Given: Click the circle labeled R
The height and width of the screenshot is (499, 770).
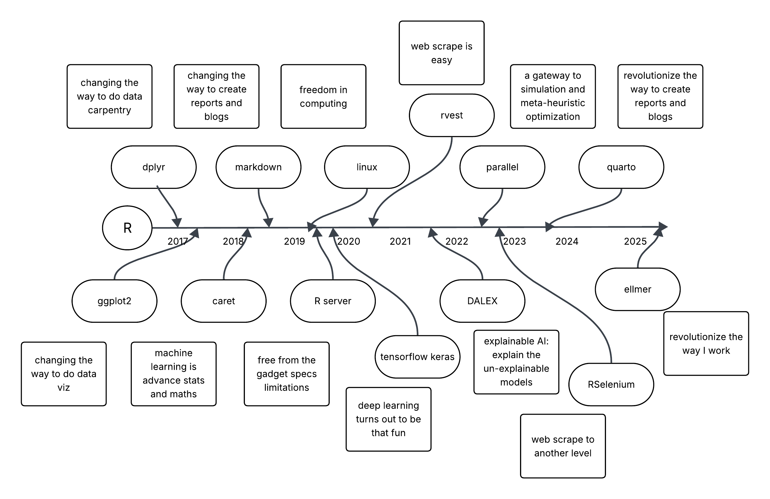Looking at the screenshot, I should tap(127, 228).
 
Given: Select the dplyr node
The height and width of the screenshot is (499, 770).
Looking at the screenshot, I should tap(154, 167).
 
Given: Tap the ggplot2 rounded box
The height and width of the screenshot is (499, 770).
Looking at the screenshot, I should tap(114, 301).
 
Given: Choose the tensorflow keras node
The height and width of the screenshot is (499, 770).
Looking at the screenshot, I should tap(417, 357).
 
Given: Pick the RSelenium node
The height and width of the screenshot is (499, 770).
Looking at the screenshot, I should tap(611, 384).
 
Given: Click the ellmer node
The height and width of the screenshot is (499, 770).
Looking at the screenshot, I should tap(637, 289).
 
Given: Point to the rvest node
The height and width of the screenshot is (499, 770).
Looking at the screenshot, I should tap(452, 115).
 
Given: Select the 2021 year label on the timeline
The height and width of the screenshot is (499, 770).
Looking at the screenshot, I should tap(400, 241).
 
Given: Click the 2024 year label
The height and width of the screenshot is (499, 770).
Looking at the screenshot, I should tap(567, 241).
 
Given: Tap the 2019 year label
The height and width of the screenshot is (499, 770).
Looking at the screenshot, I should tap(294, 241).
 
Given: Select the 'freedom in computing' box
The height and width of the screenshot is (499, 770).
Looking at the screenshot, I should tap(323, 96).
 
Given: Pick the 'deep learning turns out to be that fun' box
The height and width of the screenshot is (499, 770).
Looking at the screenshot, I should tap(388, 419).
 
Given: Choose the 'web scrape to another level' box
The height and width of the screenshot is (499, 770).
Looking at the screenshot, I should tap(563, 446).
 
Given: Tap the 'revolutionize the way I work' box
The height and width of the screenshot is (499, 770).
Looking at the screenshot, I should tap(706, 344).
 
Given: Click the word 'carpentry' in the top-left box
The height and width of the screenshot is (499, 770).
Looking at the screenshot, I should tap(109, 110).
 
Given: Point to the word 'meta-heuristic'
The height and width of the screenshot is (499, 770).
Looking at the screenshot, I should tap(553, 103).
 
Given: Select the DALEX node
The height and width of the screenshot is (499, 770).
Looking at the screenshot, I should tap(482, 301).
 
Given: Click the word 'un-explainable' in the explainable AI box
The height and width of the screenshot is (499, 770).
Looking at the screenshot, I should tap(516, 369).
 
